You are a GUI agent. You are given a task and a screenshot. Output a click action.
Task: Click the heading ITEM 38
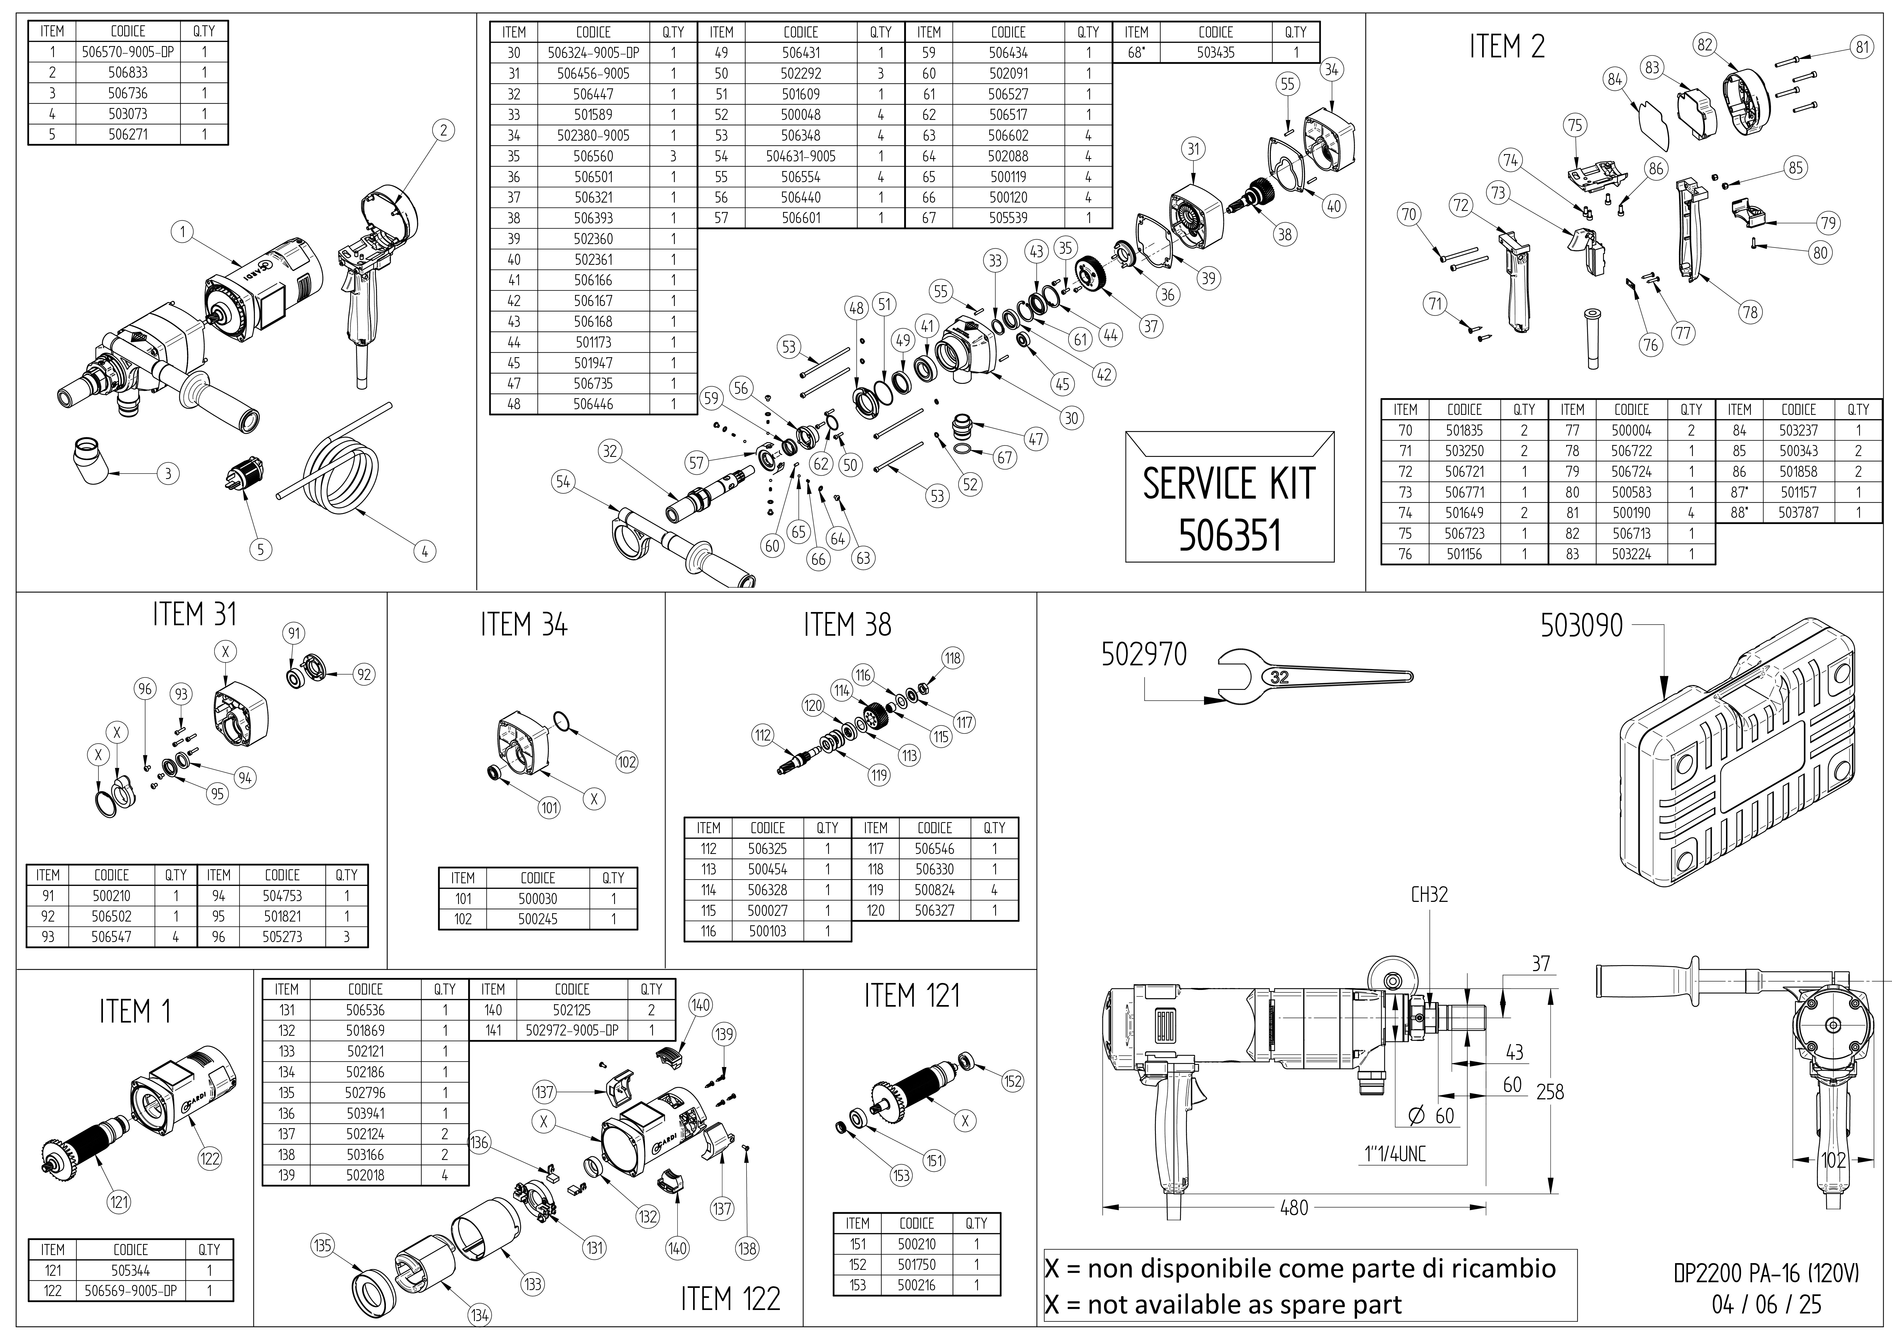click(847, 625)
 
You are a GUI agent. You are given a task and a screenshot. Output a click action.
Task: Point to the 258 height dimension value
click(1549, 1092)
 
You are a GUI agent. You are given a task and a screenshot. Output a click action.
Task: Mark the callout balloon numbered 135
click(322, 1245)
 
